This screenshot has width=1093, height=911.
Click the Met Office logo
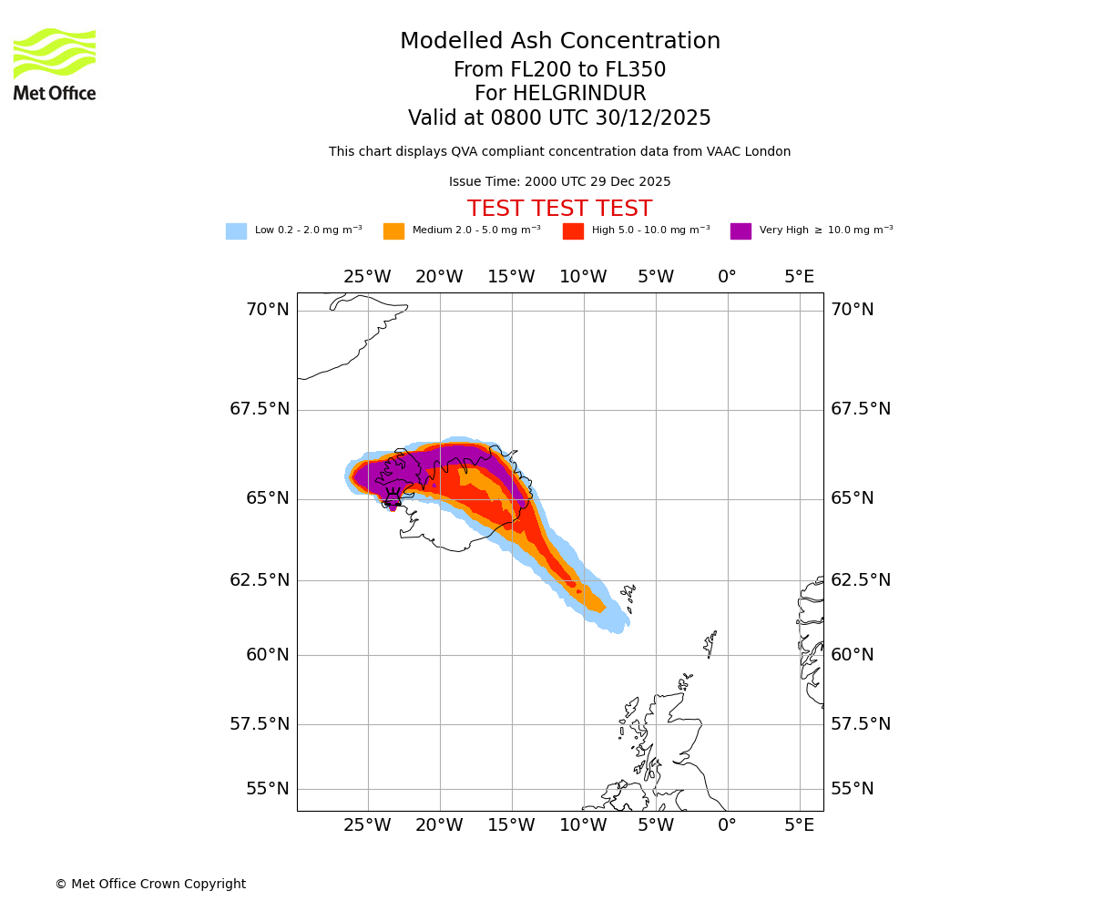[55, 64]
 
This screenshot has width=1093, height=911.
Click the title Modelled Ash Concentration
[559, 42]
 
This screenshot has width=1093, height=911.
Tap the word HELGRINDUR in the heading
[579, 94]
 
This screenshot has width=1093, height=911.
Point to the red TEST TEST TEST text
[559, 209]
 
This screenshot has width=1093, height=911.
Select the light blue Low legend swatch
[236, 231]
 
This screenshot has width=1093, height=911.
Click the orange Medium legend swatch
[393, 231]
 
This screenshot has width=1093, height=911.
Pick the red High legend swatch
[573, 231]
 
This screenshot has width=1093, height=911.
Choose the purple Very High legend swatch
[741, 231]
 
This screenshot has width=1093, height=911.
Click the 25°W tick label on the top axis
[367, 277]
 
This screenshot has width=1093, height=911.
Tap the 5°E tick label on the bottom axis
[799, 825]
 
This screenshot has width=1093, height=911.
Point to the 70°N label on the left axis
[268, 310]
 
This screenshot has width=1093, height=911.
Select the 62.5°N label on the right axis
[861, 580]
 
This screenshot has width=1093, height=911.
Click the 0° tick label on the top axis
[727, 277]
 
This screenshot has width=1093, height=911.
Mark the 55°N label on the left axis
[268, 789]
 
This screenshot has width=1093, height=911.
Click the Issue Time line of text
[559, 182]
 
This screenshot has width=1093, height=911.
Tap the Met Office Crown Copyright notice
[150, 885]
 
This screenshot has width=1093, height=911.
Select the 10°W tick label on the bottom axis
[583, 825]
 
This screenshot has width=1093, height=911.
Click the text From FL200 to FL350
[559, 70]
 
